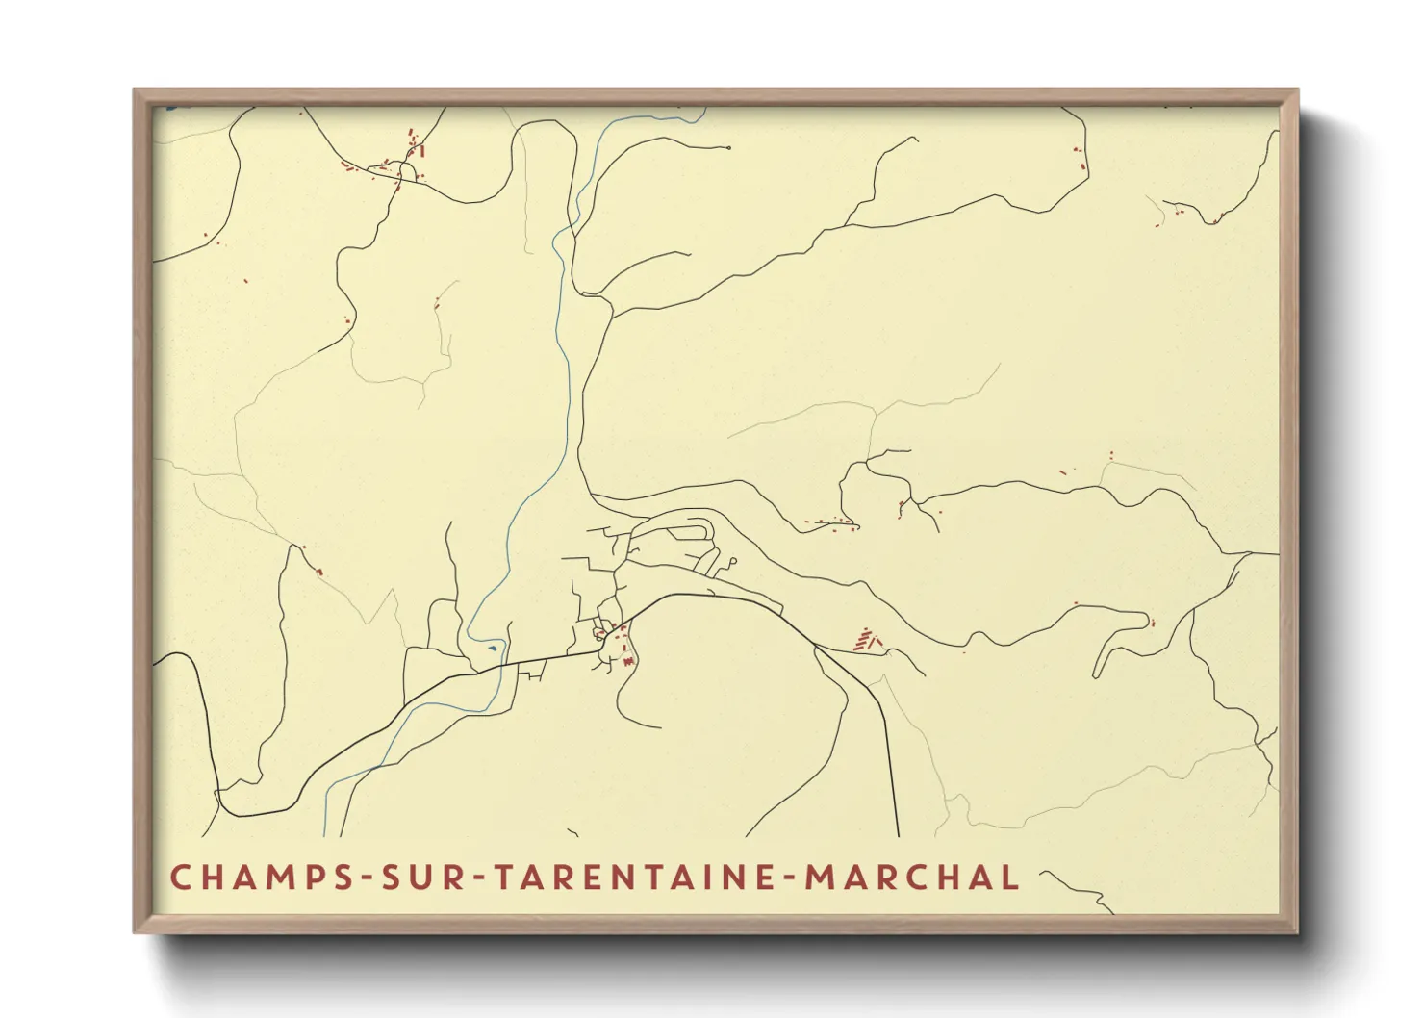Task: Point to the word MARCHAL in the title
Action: coord(911,878)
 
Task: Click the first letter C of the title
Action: coord(180,878)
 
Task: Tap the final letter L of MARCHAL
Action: coord(1010,878)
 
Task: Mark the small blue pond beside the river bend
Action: coord(493,648)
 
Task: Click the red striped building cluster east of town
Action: coord(866,639)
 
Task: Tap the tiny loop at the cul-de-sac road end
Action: coord(733,560)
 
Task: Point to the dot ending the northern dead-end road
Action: coord(730,147)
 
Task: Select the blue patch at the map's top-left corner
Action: coord(171,109)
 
